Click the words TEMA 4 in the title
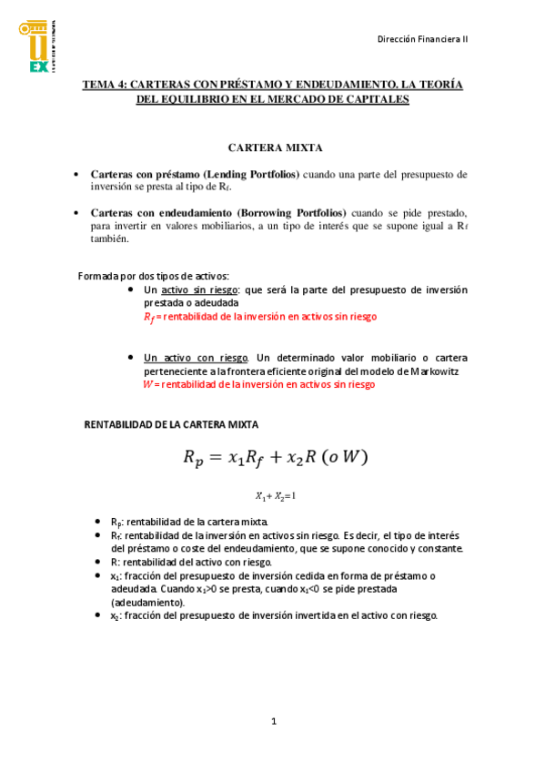tap(103, 84)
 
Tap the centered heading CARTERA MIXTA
tap(275, 147)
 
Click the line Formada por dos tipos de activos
tap(154, 276)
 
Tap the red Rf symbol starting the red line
tap(150, 317)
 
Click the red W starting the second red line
tap(148, 385)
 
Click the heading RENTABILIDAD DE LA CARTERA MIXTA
tap(171, 424)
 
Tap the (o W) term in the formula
tap(344, 456)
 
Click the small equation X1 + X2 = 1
tap(275, 496)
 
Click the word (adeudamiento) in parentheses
tap(147, 603)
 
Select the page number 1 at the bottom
tap(273, 722)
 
